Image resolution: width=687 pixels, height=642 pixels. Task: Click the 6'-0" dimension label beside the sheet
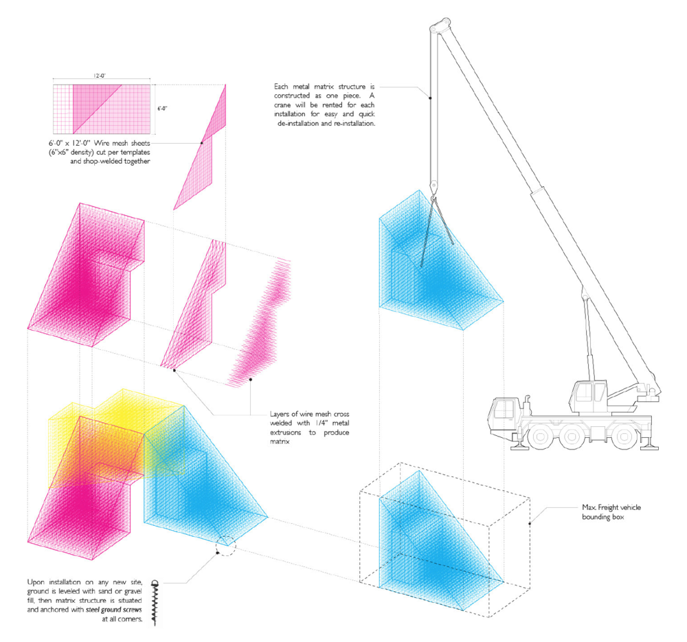pos(162,109)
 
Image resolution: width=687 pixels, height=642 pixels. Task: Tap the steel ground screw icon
pos(154,602)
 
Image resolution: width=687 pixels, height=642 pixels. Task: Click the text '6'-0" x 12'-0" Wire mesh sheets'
pos(100,141)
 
